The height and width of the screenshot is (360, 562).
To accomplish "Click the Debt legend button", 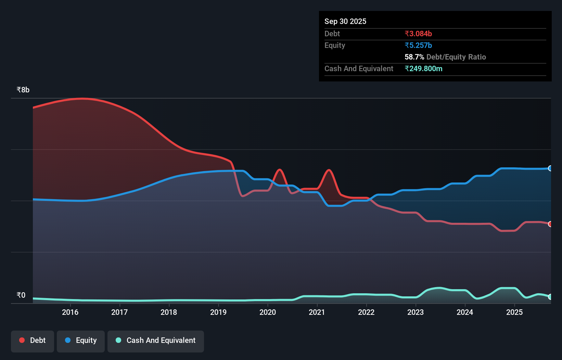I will pyautogui.click(x=33, y=340).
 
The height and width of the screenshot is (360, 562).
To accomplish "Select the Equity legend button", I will pyautogui.click(x=81, y=340).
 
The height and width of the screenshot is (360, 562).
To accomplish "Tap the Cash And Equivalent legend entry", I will pyautogui.click(x=156, y=340).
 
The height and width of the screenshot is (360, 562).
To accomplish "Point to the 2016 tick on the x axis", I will pyautogui.click(x=70, y=312).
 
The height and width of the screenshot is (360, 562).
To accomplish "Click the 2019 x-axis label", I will pyautogui.click(x=218, y=312).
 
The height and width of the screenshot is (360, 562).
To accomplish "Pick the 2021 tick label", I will pyautogui.click(x=317, y=312).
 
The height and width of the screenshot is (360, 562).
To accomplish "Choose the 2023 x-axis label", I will pyautogui.click(x=416, y=312).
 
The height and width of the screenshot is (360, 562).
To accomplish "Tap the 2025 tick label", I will pyautogui.click(x=514, y=312).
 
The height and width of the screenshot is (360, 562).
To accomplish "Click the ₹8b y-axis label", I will pyautogui.click(x=23, y=90).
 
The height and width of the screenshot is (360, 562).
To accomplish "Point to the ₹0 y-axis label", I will pyautogui.click(x=21, y=295).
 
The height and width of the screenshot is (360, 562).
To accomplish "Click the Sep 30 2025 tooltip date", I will pyautogui.click(x=345, y=22).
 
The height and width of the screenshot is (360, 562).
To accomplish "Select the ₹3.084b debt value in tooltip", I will pyautogui.click(x=418, y=34).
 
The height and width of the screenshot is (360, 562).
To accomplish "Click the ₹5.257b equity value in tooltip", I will pyautogui.click(x=418, y=46).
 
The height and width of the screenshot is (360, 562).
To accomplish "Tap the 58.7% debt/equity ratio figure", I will pyautogui.click(x=414, y=57).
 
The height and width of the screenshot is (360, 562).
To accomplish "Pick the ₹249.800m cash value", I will pyautogui.click(x=423, y=69).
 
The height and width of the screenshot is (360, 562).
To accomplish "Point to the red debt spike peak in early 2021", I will pyautogui.click(x=329, y=170).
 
